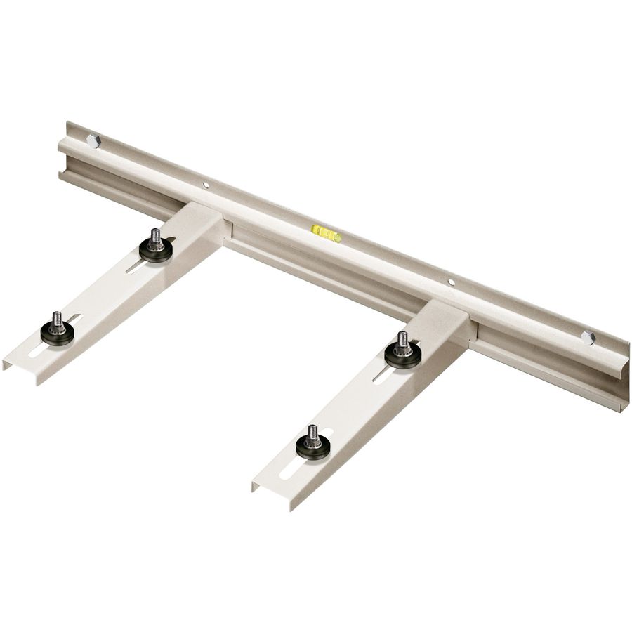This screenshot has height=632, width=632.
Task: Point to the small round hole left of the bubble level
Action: tap(206, 185)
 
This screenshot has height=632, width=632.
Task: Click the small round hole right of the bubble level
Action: tap(452, 282)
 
